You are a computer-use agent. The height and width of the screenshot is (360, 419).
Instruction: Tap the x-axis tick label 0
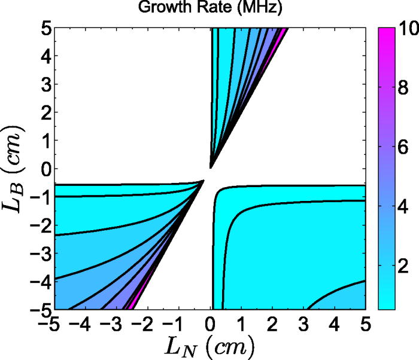click(x=210, y=325)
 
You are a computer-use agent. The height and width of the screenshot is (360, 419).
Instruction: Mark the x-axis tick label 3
click(x=303, y=325)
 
